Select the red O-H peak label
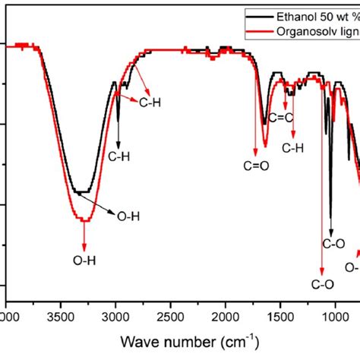84,261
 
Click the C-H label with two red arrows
150,99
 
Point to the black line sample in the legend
261,14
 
